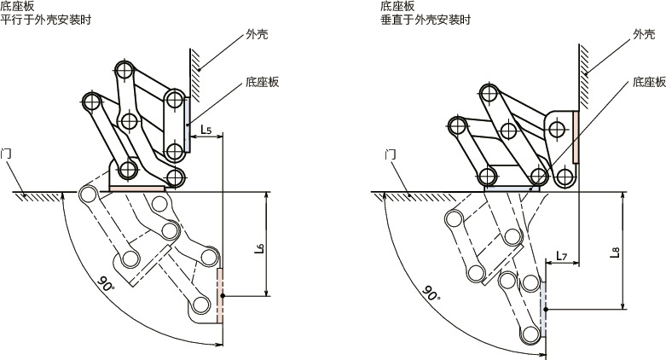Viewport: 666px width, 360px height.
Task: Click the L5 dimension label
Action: tap(206, 130)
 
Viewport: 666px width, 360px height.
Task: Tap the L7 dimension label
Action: tap(560, 255)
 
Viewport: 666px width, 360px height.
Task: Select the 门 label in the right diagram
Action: tap(390, 154)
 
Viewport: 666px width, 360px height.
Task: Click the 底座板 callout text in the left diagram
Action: tap(263, 83)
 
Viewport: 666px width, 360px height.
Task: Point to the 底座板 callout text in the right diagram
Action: tap(648, 83)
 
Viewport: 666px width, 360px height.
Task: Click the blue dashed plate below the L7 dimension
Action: tap(543, 302)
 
